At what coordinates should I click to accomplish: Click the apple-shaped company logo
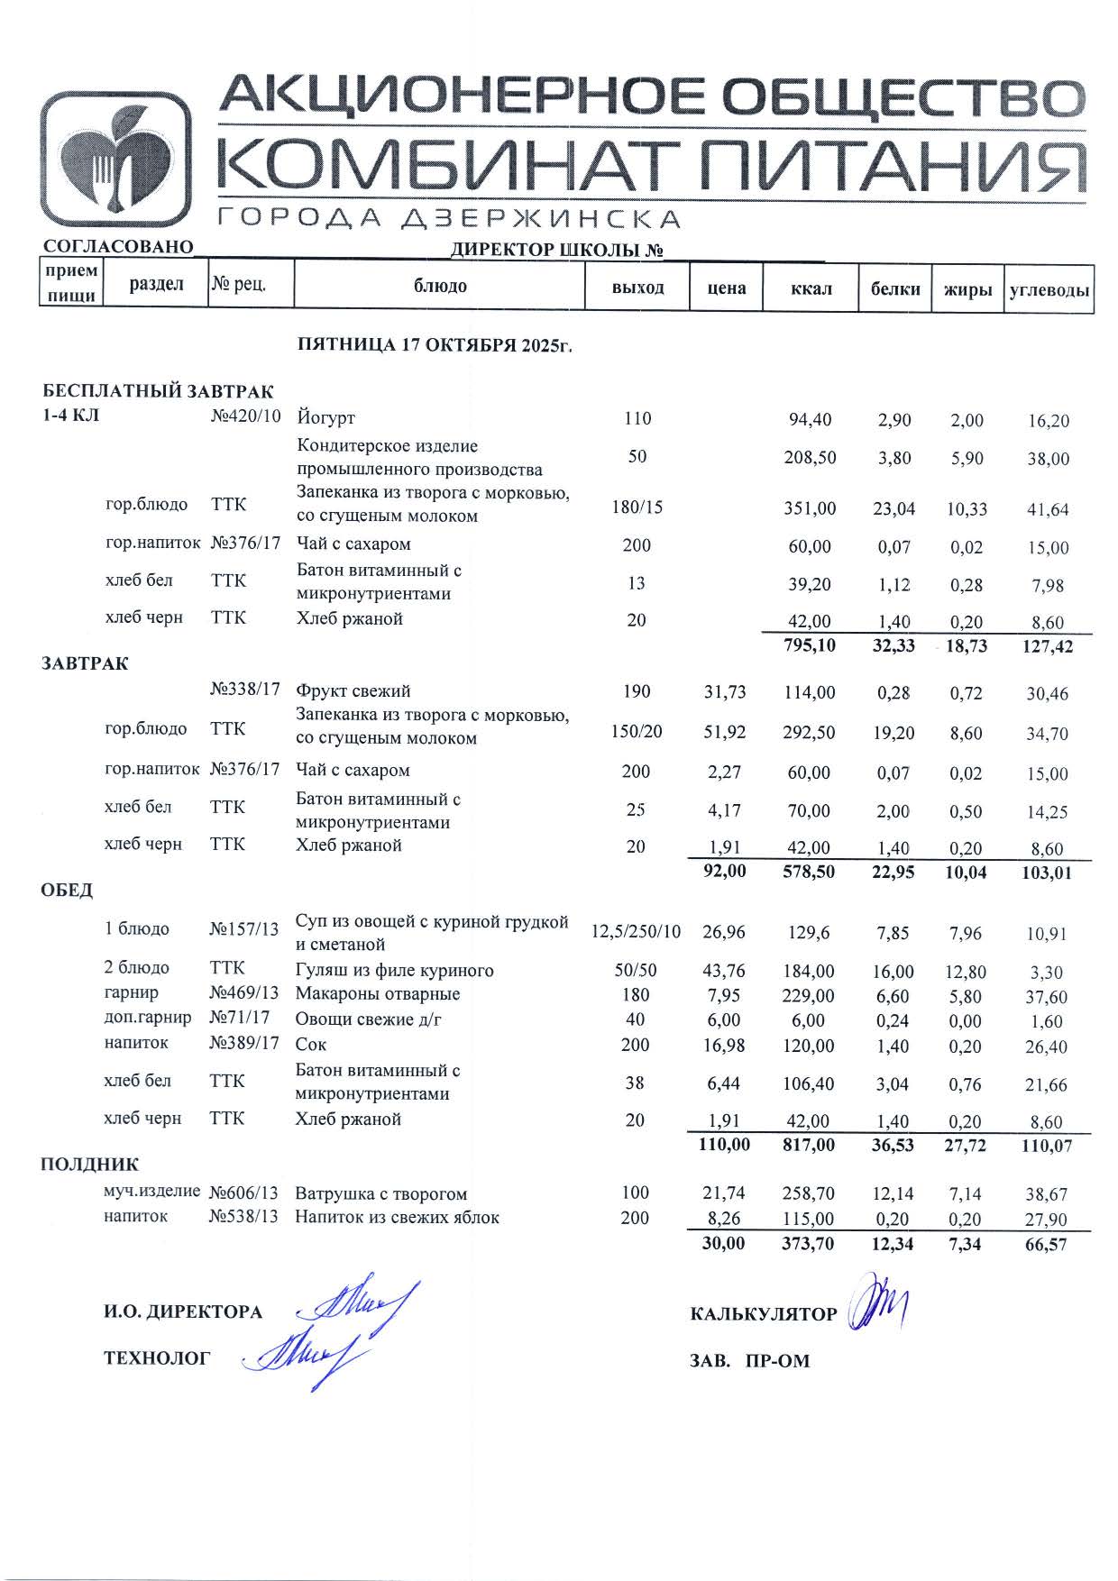pos(116,159)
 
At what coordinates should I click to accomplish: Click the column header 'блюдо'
pos(440,287)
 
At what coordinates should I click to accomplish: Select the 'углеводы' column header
pos(1049,290)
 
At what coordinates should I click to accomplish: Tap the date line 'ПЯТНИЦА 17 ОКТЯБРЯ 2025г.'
pos(435,345)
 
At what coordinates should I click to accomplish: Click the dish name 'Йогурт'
pos(326,418)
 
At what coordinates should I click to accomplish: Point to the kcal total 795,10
pos(809,646)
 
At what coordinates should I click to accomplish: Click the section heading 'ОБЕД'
pos(67,891)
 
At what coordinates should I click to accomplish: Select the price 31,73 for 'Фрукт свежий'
pos(725,692)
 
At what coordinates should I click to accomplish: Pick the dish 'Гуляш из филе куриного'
pos(395,971)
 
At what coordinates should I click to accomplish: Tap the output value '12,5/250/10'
pos(636,932)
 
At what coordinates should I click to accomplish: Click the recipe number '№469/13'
pos(244,994)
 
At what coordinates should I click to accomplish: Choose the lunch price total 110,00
pos(723,1146)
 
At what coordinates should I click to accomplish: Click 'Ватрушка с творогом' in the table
pos(380,1194)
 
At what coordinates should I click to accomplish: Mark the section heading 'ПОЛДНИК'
pos(89,1165)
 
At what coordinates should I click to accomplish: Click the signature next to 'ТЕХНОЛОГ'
pos(302,1356)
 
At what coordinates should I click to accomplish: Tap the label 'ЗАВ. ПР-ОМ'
pos(749,1361)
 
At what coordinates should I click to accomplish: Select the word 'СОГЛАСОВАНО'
pos(118,247)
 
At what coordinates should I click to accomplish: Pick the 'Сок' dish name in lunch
pos(311,1046)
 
